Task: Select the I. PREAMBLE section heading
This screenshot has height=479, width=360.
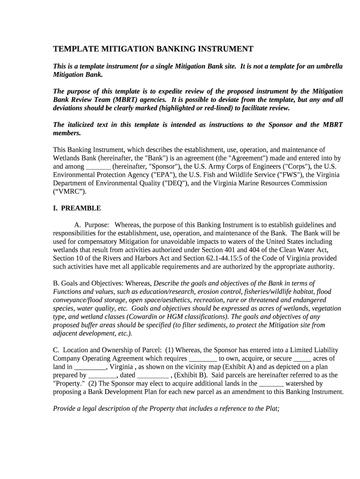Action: (x=77, y=208)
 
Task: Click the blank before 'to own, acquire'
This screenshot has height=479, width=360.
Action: (x=202, y=359)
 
